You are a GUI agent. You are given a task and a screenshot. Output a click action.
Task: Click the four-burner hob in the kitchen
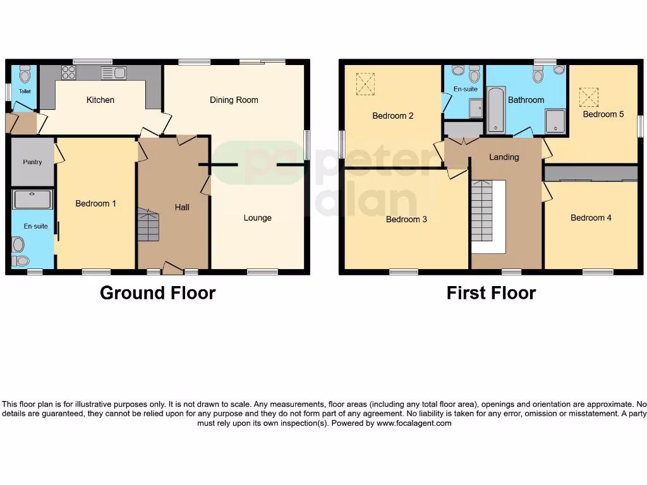68,73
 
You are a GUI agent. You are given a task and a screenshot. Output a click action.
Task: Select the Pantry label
33,162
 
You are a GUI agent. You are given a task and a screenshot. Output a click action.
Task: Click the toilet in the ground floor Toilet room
25,76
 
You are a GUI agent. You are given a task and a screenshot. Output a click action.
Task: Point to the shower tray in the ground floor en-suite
32,200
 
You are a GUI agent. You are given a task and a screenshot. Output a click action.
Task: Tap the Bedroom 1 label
95,203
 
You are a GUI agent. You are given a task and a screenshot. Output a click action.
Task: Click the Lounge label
258,218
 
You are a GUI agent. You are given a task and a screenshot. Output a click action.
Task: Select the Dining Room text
234,100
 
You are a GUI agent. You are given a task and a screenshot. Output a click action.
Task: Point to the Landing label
504,157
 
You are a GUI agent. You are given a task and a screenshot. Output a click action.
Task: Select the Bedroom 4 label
591,218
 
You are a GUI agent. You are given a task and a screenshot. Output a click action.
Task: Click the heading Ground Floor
158,293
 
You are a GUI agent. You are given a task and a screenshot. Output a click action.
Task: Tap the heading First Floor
491,293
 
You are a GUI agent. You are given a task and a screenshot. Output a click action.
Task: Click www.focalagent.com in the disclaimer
414,423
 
